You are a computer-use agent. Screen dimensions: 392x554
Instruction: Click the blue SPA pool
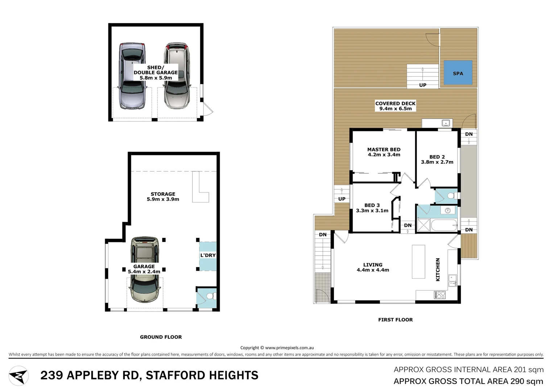458,73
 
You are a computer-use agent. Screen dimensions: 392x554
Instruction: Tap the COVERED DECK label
395,103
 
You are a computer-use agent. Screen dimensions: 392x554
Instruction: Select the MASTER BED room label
384,150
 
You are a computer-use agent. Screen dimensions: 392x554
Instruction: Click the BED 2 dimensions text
437,162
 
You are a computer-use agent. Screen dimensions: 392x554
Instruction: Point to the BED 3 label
372,205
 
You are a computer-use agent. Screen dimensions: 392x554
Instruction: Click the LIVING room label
373,265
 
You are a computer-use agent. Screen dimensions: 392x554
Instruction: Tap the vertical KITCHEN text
438,269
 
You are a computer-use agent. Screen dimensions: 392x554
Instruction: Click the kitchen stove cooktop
440,295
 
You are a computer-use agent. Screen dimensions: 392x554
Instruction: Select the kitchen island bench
418,262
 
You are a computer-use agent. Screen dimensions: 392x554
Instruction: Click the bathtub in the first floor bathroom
445,225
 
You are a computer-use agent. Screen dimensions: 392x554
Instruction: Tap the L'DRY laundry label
208,256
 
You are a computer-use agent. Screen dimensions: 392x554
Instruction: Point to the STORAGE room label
163,194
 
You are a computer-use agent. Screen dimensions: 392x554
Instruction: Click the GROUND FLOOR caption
161,337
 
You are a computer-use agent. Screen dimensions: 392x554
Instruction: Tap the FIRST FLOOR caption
395,320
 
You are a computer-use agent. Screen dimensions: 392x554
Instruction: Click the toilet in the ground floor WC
210,297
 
